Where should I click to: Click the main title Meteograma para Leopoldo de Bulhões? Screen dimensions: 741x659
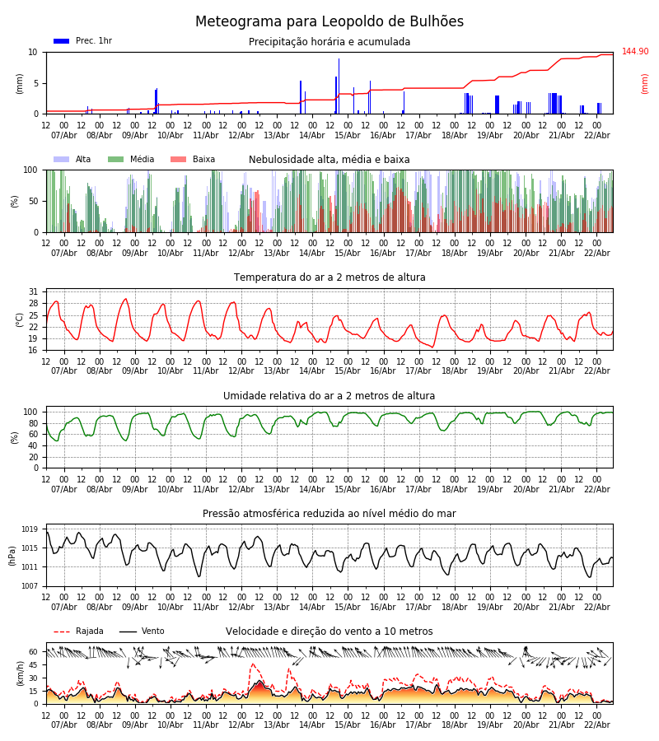329,22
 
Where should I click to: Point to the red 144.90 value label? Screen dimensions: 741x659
635,52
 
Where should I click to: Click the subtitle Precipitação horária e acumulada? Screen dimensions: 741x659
329,42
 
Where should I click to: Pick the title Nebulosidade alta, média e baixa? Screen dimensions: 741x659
329,160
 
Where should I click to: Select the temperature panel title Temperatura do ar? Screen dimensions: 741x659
329,277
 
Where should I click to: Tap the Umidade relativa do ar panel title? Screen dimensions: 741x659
329,396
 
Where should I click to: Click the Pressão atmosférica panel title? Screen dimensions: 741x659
329,514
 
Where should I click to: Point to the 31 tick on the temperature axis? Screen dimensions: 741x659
33,292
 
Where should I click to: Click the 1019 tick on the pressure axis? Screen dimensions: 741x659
30,529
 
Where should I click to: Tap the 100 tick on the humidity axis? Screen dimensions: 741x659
31,412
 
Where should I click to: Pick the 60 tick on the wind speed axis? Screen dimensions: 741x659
33,651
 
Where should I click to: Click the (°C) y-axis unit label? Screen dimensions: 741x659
20,319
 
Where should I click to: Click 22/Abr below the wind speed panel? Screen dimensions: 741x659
596,725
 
